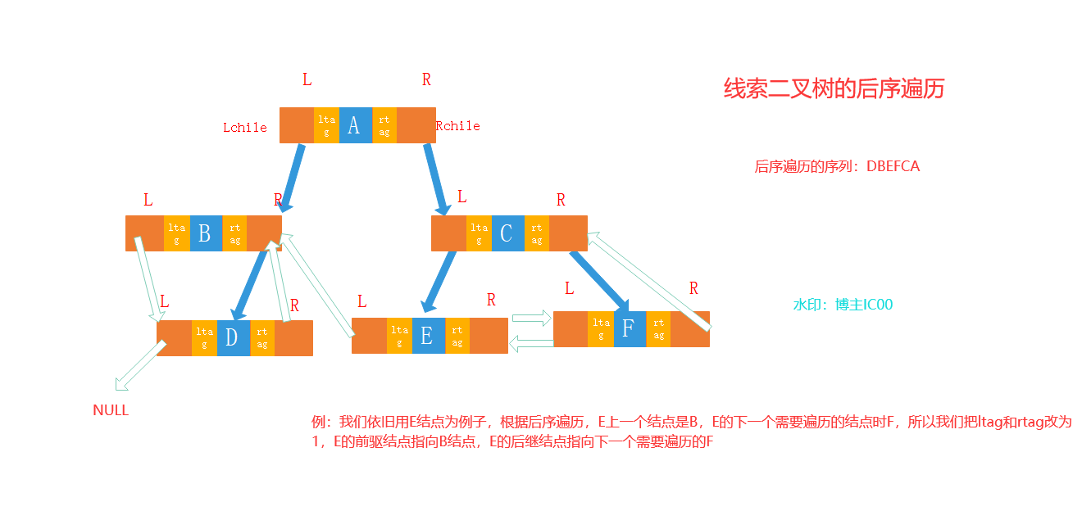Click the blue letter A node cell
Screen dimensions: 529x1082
[354, 125]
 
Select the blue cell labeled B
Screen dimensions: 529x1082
[204, 233]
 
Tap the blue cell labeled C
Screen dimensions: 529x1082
[507, 233]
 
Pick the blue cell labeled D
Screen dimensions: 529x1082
[233, 338]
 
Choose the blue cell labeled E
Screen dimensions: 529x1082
[428, 336]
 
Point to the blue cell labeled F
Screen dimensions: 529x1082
[629, 329]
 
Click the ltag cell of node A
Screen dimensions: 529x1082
[326, 125]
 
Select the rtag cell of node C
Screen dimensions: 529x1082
[537, 233]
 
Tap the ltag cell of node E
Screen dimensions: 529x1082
[399, 336]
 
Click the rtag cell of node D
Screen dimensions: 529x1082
[262, 338]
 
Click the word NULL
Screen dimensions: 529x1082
[111, 410]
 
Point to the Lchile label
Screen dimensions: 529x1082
[245, 127]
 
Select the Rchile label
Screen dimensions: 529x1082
[458, 126]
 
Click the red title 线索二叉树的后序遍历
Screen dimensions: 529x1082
[834, 88]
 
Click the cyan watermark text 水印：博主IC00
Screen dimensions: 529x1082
[843, 305]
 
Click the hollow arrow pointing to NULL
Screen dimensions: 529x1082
[139, 364]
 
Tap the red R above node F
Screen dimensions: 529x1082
[693, 288]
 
